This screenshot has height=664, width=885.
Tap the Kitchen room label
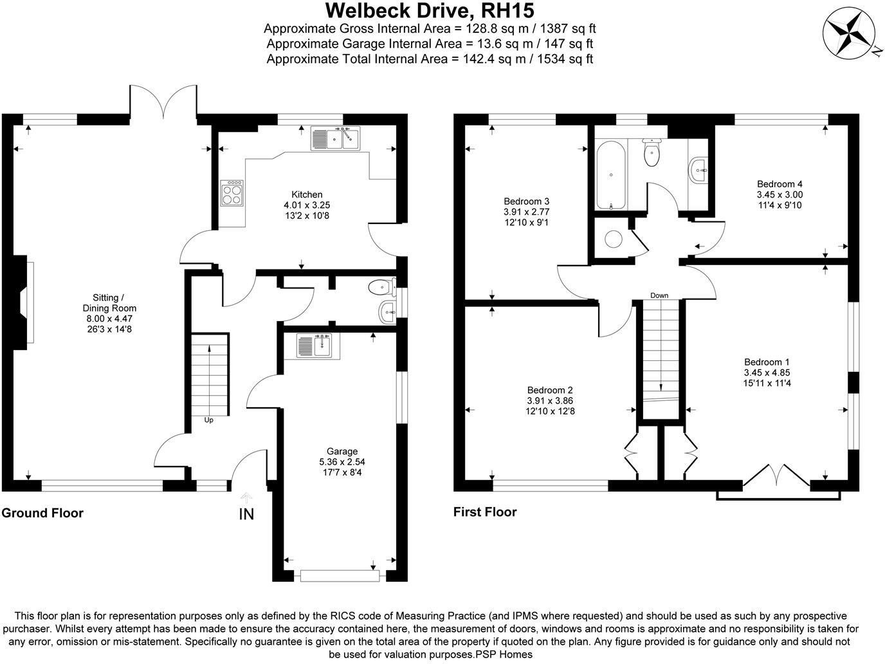tap(307, 194)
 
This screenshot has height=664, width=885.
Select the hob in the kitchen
tap(232, 192)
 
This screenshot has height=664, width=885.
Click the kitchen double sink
tap(336, 138)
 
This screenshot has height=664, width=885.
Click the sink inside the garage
tap(313, 346)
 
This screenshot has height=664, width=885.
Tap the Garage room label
tap(342, 451)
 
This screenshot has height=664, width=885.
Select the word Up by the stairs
tap(208, 420)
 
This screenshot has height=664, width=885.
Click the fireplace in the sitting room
tap(26, 302)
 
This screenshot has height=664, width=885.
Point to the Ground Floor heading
tap(42, 513)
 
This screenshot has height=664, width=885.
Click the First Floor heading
tap(485, 512)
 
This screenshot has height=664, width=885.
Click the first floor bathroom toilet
tap(652, 152)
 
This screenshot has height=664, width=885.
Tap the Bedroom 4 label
tap(780, 183)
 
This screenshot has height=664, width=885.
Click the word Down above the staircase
tap(659, 296)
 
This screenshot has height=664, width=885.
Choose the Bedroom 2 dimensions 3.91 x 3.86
tap(550, 400)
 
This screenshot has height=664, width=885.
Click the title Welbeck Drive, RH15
tap(429, 11)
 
